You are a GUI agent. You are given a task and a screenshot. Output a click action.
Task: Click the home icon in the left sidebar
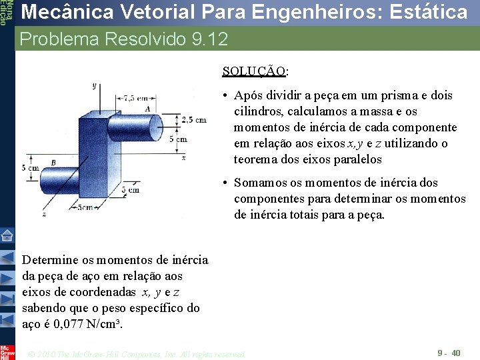(x=7, y=235)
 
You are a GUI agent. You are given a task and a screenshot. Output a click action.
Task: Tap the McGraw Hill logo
(x=7, y=351)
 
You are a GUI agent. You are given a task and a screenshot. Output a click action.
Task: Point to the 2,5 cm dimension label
(x=193, y=120)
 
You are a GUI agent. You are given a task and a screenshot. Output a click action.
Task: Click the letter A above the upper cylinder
(x=147, y=109)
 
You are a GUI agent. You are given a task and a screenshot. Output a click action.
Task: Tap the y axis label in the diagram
(x=95, y=85)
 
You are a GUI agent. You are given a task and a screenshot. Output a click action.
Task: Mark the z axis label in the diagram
(x=44, y=214)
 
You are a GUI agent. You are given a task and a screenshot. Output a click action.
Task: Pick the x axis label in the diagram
(x=183, y=157)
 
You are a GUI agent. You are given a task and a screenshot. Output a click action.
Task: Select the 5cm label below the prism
(x=84, y=207)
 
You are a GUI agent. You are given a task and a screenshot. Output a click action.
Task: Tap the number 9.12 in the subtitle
(x=209, y=39)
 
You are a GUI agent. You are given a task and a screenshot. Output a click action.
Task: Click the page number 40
(x=456, y=353)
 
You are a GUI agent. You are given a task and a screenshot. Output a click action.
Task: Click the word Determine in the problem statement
(x=51, y=260)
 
